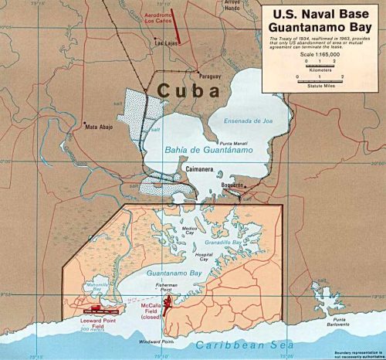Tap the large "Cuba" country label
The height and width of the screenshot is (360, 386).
tap(188, 90)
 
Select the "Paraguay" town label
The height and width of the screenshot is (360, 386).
tap(210, 76)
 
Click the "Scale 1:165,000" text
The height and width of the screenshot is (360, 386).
tap(322, 54)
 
